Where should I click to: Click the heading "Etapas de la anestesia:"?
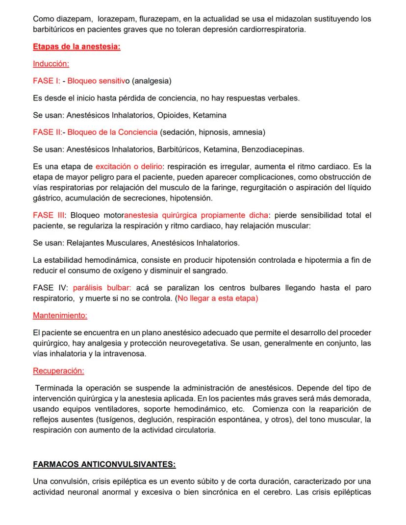point(76,47)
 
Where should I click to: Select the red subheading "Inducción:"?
point(51,64)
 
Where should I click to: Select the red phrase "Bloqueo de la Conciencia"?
point(112,132)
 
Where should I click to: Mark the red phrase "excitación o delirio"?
point(126,167)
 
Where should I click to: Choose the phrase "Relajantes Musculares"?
point(106,243)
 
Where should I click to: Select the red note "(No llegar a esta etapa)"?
point(217,298)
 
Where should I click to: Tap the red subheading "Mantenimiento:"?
point(60,315)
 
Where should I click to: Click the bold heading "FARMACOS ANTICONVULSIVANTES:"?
point(104,464)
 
